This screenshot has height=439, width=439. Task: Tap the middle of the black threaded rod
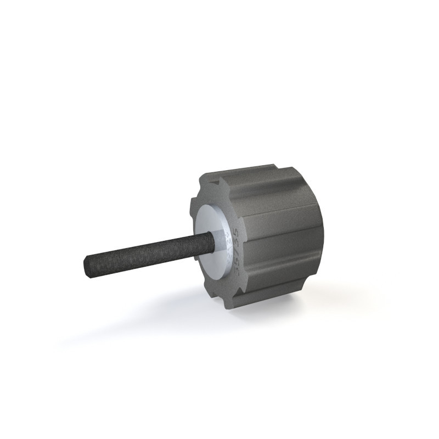(148, 254)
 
